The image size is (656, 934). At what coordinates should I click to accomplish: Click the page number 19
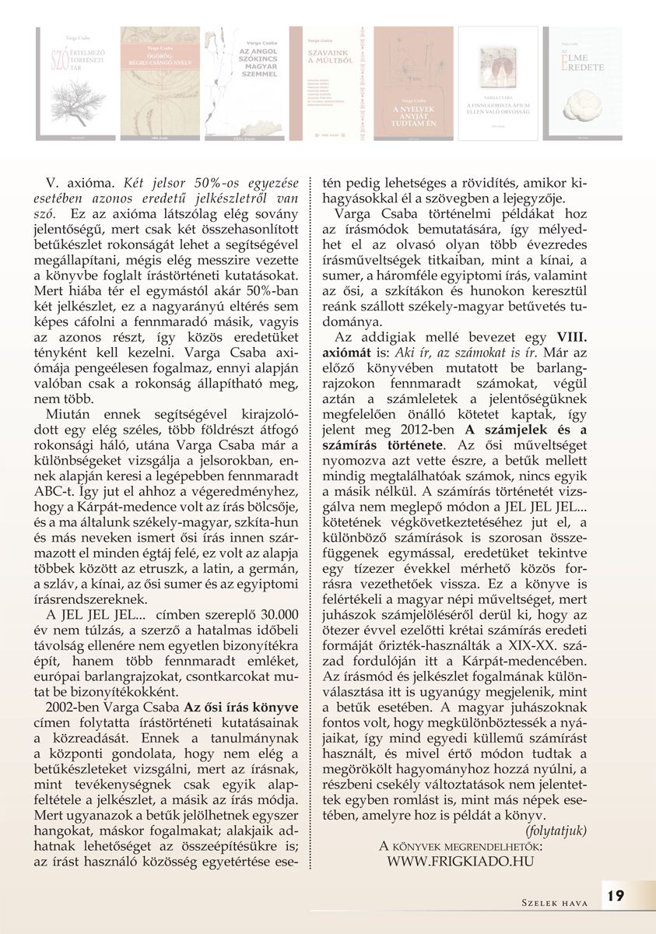[x=615, y=896]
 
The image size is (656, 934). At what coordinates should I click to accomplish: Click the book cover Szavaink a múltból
[x=326, y=83]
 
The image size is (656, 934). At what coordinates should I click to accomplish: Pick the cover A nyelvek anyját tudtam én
[x=413, y=83]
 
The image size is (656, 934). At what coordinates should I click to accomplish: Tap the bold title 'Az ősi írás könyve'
[x=240, y=707]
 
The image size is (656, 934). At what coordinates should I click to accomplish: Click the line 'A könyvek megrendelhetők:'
[x=461, y=846]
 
